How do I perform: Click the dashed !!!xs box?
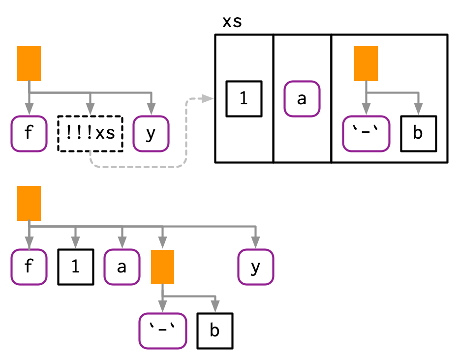(x=90, y=133)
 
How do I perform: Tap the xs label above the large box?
(x=232, y=22)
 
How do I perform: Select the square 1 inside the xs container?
(x=244, y=98)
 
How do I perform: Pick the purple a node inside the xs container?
(x=302, y=98)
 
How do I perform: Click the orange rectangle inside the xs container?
(x=366, y=63)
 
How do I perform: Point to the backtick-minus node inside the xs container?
(x=366, y=133)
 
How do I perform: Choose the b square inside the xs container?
(x=418, y=133)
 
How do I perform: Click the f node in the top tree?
(x=29, y=133)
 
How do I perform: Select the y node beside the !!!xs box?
(x=151, y=133)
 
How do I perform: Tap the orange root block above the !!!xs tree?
(x=29, y=63)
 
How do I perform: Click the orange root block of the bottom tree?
(x=29, y=203)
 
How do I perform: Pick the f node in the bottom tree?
(x=29, y=267)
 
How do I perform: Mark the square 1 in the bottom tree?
(x=75, y=267)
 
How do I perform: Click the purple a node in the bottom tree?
(x=122, y=267)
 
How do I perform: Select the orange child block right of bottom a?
(x=162, y=267)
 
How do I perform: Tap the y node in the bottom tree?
(x=255, y=267)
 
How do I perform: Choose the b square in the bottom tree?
(x=214, y=331)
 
